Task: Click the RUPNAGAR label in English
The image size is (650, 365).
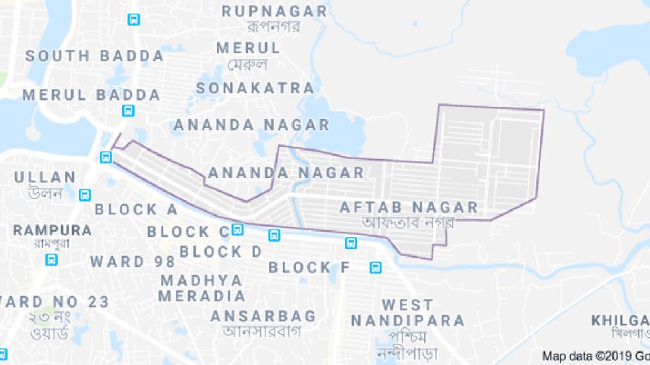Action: [x=275, y=11]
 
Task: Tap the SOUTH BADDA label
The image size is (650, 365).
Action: [x=95, y=56]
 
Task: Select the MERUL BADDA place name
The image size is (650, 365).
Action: [x=91, y=95]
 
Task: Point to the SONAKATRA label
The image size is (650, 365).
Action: [x=255, y=88]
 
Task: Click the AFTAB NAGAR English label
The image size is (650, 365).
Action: [x=409, y=207]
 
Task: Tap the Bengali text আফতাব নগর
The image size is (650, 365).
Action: [x=407, y=223]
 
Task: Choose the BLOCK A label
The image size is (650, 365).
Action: [x=137, y=209]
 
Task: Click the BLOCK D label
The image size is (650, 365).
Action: [x=221, y=251]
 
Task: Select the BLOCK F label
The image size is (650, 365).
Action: [x=309, y=267]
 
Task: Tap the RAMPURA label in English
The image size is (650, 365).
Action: [x=52, y=229]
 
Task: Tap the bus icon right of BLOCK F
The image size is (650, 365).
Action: [x=375, y=267]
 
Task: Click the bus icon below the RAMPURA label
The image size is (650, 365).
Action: [x=52, y=260]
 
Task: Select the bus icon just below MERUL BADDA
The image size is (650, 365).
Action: [x=129, y=111]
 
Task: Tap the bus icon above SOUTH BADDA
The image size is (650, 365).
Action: [x=133, y=20]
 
